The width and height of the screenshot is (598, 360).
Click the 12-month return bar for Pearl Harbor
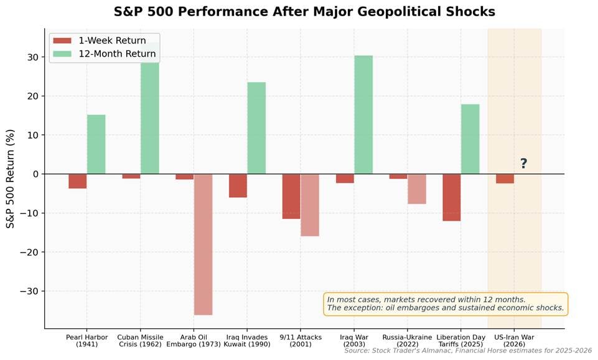tap(96, 144)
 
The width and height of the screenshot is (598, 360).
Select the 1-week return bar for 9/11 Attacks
tap(291, 196)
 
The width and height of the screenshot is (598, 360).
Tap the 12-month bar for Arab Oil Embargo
tap(203, 244)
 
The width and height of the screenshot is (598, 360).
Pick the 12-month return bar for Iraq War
tap(363, 115)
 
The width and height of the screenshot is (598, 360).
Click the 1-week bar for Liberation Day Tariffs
tap(452, 197)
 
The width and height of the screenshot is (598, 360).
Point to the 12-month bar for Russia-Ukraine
tap(417, 189)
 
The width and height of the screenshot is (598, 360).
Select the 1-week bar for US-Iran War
tap(505, 178)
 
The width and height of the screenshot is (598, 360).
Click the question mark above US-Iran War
tap(523, 164)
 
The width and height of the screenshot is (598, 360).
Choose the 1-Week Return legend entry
tap(100, 41)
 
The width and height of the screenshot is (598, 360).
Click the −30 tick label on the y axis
tap(29, 291)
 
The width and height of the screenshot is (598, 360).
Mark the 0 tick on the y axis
tap(36, 174)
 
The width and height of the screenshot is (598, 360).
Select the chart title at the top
tap(304, 12)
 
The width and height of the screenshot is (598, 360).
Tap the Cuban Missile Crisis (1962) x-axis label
tap(140, 341)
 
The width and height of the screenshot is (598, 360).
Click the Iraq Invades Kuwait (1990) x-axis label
tap(247, 341)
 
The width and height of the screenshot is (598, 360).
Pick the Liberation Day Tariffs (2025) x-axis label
tap(461, 341)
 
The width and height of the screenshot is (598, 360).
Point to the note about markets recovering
tap(446, 303)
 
